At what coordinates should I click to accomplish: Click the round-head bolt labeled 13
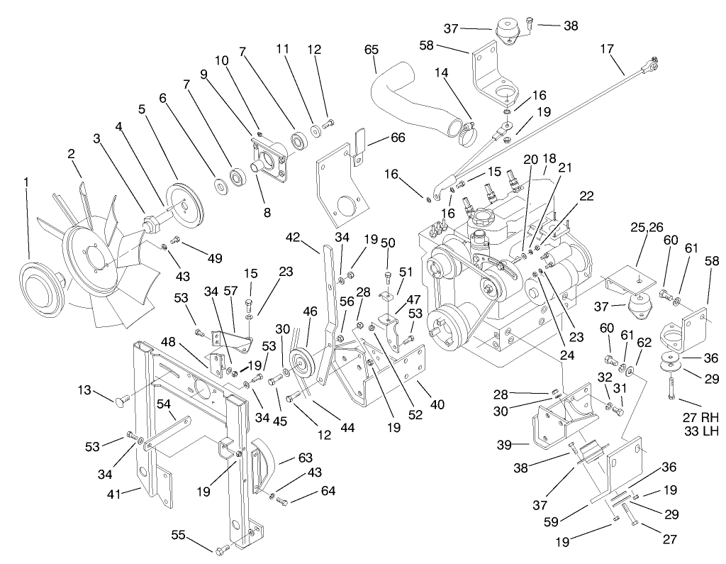(121, 401)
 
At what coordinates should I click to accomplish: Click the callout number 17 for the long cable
(606, 50)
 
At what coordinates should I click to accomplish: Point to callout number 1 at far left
(27, 182)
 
